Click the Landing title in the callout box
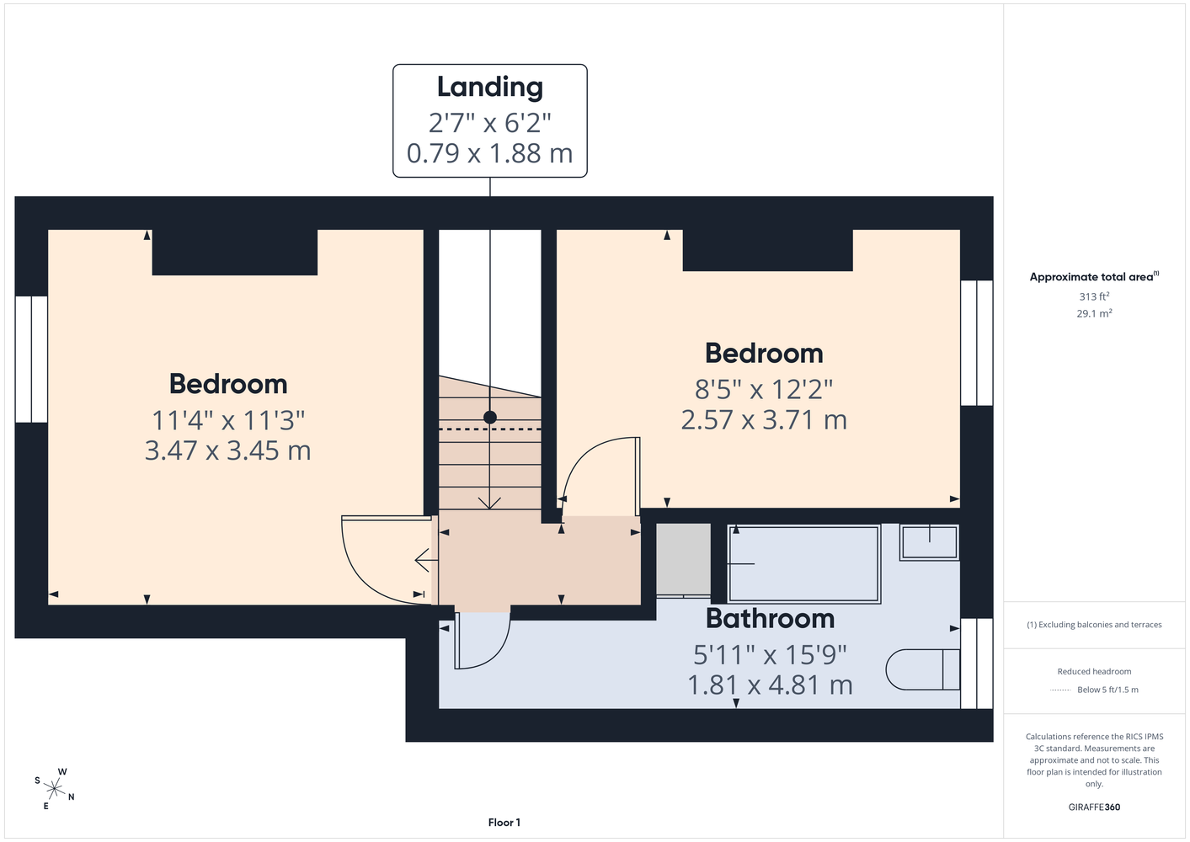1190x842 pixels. [x=490, y=88]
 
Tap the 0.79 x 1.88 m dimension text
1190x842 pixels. [x=490, y=153]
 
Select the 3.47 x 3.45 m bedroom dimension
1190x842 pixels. [x=228, y=450]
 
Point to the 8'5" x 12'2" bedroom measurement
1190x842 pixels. [x=764, y=389]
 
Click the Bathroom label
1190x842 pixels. [x=771, y=618]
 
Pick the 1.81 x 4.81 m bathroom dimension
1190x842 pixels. [x=771, y=685]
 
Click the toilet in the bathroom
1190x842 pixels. [x=923, y=669]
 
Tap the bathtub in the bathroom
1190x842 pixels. [x=803, y=563]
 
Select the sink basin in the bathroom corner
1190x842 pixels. [x=929, y=542]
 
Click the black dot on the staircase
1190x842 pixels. [x=490, y=418]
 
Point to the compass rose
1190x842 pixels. [x=54, y=789]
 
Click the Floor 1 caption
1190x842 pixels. [x=504, y=823]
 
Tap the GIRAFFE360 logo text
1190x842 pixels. [x=1094, y=807]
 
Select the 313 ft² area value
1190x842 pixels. [x=1094, y=296]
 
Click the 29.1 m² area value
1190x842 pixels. [x=1094, y=313]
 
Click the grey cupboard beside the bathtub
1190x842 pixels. [x=683, y=560]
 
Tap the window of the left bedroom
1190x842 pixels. [x=31, y=359]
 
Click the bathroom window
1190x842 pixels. [x=976, y=663]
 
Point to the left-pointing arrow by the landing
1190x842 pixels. [x=426, y=560]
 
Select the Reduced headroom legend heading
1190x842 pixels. [x=1094, y=671]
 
